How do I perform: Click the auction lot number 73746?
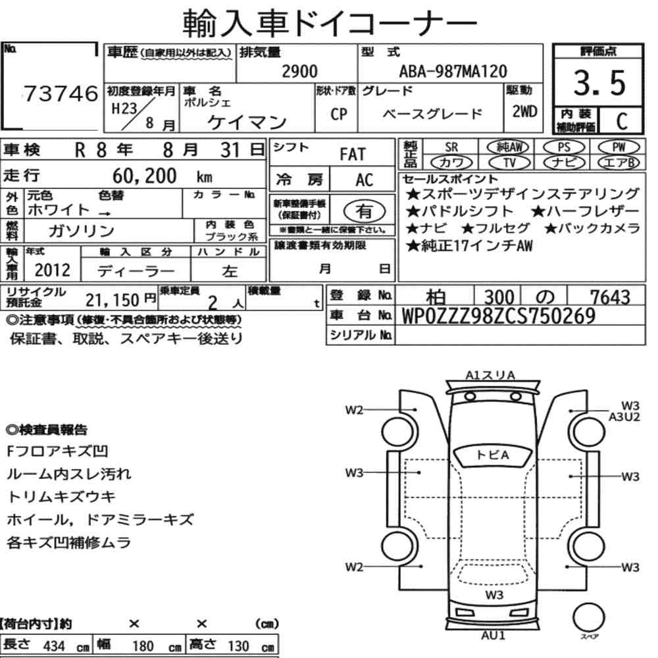61,93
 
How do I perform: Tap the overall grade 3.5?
599,83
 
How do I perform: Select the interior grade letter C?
622,121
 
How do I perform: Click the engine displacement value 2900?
299,71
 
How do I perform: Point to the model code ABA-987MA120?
453,71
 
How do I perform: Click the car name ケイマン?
247,122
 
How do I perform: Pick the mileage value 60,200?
144,176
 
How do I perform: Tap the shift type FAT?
353,155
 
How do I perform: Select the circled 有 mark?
364,211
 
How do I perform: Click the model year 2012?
53,270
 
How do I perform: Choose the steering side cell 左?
230,271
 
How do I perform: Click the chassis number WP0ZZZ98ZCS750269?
499,316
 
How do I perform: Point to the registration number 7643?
610,297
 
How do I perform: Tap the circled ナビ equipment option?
564,162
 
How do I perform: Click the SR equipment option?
451,147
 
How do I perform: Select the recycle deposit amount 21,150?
112,300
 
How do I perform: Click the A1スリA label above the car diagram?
490,375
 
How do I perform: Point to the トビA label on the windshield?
493,455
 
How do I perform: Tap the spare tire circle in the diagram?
588,617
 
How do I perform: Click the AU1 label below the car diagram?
493,636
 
